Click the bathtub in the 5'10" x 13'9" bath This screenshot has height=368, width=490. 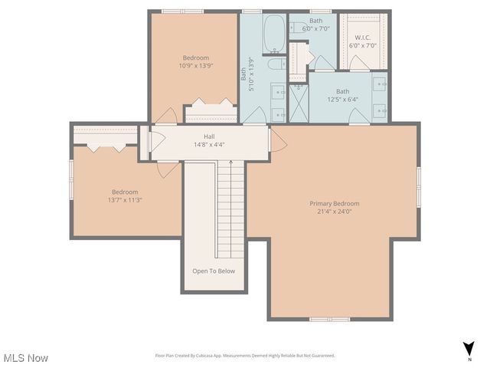[x=273, y=31]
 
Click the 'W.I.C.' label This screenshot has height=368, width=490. [x=363, y=38]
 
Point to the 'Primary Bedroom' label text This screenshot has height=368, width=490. [x=334, y=203]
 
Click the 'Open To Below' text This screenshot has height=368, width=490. [x=214, y=271]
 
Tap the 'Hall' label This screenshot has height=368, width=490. [x=208, y=136]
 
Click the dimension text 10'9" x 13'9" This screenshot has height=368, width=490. [x=195, y=66]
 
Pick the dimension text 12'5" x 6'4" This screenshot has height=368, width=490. [x=342, y=99]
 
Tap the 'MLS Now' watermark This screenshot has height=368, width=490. [x=25, y=358]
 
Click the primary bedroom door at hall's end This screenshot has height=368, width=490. [x=278, y=140]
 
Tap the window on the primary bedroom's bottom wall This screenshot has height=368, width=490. [x=330, y=318]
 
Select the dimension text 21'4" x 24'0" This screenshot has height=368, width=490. [x=334, y=212]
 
